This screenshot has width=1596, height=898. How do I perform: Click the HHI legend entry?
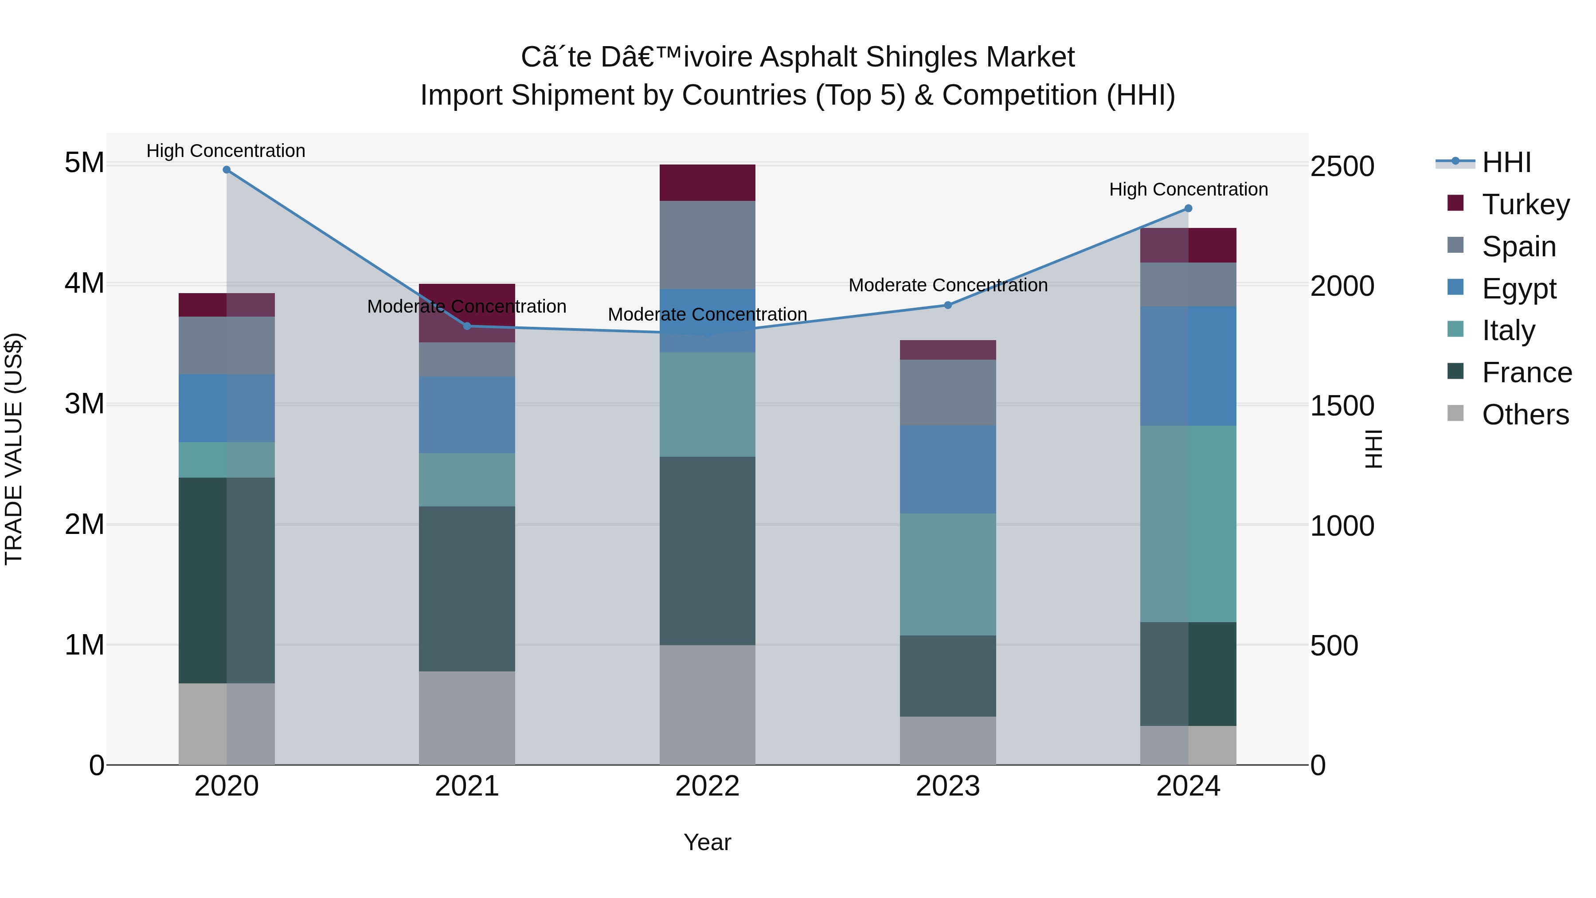click(x=1506, y=162)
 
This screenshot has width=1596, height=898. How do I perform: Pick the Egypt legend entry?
click(x=1518, y=289)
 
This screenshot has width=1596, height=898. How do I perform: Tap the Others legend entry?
click(x=1525, y=415)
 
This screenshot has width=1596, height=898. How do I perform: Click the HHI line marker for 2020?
click(x=227, y=170)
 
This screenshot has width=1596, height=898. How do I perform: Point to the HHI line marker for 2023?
click(x=947, y=305)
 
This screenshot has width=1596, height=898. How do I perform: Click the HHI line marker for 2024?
click(x=1188, y=208)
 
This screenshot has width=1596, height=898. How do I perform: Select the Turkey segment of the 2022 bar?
click(x=707, y=183)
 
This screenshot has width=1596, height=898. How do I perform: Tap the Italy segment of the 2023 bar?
click(x=947, y=574)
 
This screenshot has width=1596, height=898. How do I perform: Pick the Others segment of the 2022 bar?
click(x=707, y=705)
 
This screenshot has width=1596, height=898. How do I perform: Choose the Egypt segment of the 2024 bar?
click(x=1188, y=366)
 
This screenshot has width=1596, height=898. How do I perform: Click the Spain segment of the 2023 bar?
click(x=947, y=392)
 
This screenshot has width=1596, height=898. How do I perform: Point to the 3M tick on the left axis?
click(x=84, y=404)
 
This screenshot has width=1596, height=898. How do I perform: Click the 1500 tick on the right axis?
click(x=1342, y=407)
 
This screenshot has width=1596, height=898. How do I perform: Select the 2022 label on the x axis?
click(x=707, y=786)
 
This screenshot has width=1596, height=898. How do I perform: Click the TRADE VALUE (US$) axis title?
click(x=14, y=449)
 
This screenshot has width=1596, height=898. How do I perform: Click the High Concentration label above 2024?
click(x=1188, y=190)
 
